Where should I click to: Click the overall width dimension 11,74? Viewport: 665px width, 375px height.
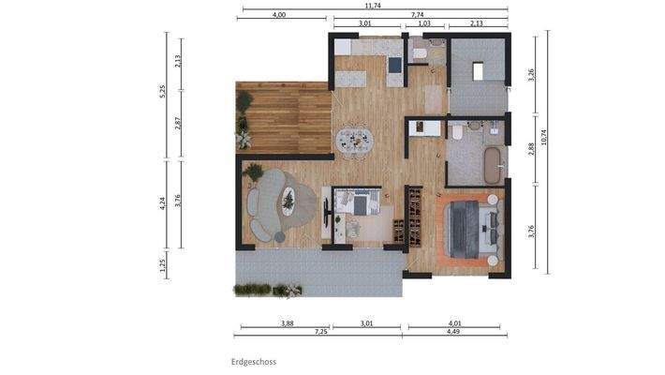(x=375, y=5)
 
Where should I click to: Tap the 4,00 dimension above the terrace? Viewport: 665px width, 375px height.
(x=279, y=15)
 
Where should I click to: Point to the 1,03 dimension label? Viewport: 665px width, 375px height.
(x=424, y=23)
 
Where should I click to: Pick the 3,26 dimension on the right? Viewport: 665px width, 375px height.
(x=531, y=74)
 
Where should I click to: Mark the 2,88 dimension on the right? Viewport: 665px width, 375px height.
(x=531, y=148)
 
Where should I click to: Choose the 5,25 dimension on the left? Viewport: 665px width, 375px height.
(x=163, y=91)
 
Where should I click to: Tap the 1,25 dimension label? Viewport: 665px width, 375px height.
(x=163, y=265)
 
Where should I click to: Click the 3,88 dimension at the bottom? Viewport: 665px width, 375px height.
(x=287, y=323)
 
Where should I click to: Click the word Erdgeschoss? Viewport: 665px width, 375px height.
(x=254, y=361)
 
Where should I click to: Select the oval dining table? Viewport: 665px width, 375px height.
(x=355, y=140)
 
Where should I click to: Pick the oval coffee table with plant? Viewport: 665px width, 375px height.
(x=288, y=200)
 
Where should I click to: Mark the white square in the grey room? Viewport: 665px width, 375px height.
(x=479, y=70)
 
